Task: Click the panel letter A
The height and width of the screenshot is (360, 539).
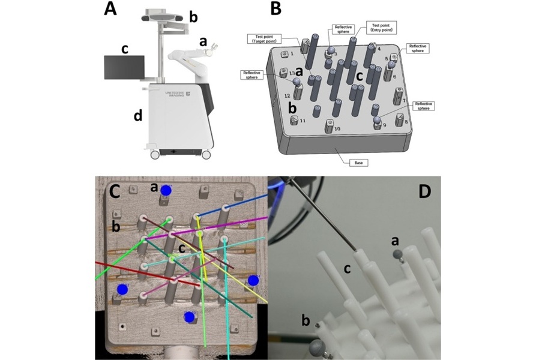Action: [x=110, y=9]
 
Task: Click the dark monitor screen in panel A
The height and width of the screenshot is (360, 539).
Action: [x=124, y=67]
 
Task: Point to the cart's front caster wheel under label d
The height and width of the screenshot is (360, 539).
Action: [x=155, y=154]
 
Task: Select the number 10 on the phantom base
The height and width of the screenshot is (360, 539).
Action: [x=337, y=129]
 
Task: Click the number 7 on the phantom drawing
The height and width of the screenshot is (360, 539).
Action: [x=405, y=100]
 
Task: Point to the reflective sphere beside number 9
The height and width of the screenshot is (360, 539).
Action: [x=378, y=121]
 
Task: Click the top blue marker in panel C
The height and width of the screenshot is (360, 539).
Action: [x=166, y=190]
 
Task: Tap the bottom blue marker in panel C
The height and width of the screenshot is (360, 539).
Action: [x=190, y=316]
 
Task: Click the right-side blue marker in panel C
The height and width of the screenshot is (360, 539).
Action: [x=253, y=280]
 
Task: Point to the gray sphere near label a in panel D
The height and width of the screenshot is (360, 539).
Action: [x=397, y=254]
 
